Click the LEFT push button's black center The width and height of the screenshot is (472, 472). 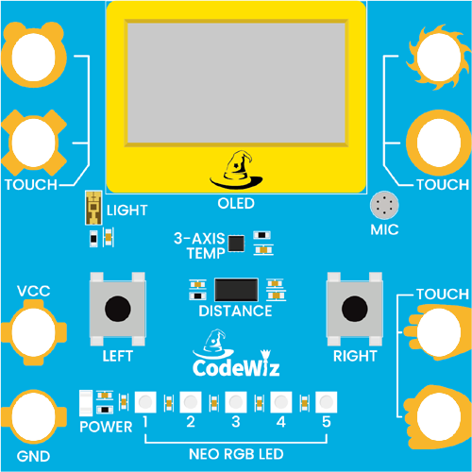(118, 309)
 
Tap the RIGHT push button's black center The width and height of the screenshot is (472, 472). (355, 309)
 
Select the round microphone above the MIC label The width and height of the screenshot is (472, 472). (384, 205)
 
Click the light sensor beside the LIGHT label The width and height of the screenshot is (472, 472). (93, 208)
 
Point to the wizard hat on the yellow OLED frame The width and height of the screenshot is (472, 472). (236, 170)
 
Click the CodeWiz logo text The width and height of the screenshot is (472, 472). (236, 367)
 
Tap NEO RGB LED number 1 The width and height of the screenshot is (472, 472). (145, 402)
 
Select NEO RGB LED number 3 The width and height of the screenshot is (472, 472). (236, 402)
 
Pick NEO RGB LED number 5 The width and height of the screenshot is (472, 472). (327, 402)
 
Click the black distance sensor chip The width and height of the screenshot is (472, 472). (236, 290)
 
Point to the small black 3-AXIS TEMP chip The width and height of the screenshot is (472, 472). (236, 244)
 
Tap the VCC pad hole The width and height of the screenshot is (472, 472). (33, 332)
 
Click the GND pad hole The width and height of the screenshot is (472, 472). (33, 417)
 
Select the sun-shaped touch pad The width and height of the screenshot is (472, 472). (438, 58)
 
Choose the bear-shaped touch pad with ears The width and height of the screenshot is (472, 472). (34, 56)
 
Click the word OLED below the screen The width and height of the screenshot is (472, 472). (236, 204)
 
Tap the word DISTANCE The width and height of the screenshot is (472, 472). (235, 311)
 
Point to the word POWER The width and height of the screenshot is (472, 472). (106, 427)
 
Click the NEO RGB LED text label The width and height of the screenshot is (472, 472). (236, 454)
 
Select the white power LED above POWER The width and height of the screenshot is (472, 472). (86, 403)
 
